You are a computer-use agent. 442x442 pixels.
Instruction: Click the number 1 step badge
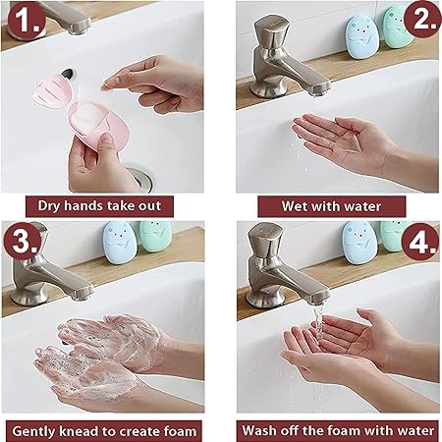(26, 22)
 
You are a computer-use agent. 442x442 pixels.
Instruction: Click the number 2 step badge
(422, 19)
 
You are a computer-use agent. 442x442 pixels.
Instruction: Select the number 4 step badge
(420, 242)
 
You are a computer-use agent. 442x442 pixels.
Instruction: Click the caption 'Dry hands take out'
(99, 206)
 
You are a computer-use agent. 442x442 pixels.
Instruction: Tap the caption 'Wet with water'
(331, 206)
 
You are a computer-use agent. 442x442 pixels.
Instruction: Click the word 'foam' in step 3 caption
(179, 431)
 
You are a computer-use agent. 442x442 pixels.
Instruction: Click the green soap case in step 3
(155, 237)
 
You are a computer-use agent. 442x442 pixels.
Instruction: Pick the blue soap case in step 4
(359, 243)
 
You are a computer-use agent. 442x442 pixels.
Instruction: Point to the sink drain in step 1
(139, 180)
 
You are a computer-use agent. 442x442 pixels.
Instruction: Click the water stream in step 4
(318, 347)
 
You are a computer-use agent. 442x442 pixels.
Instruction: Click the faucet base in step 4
(262, 298)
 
